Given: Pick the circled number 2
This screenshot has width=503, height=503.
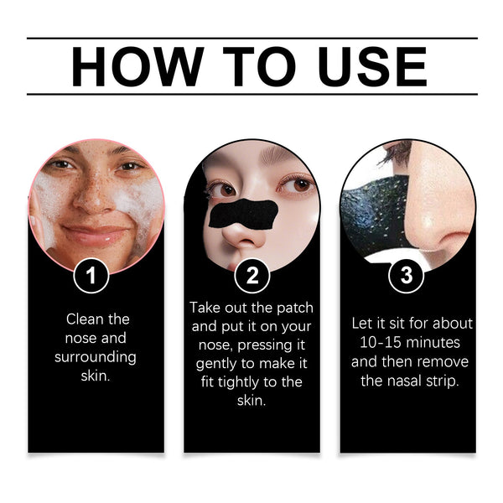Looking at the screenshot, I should click(x=251, y=275).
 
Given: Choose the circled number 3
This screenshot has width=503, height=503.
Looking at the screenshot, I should click(x=407, y=275).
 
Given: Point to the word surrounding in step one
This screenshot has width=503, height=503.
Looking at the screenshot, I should click(x=96, y=357).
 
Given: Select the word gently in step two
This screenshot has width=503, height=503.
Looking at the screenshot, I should click(x=218, y=363).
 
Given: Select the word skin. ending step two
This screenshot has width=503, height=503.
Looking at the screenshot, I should click(x=251, y=401).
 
